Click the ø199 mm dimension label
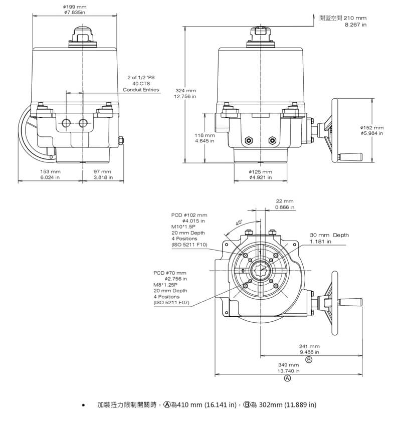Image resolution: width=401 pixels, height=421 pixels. click(x=75, y=7)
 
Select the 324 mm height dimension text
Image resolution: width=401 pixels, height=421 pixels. click(x=185, y=90)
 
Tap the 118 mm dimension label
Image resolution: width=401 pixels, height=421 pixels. click(x=205, y=135)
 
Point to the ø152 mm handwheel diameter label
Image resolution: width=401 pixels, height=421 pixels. click(x=371, y=127)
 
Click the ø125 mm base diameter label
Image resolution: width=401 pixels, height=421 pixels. click(x=260, y=172)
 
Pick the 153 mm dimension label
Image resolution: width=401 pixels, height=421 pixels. click(x=50, y=172)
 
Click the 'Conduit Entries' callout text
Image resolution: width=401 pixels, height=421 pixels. click(x=141, y=90)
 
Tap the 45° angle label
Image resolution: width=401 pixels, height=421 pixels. click(x=239, y=223)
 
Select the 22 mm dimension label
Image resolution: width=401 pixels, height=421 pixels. click(x=285, y=201)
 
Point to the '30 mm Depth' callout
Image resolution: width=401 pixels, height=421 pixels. click(x=329, y=235)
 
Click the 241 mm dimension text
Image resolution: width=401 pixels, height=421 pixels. click(x=309, y=346)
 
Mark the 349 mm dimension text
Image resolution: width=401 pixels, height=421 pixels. click(x=288, y=365)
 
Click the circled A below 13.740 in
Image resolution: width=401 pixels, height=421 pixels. click(x=288, y=378)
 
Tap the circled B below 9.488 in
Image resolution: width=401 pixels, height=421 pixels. click(x=309, y=360)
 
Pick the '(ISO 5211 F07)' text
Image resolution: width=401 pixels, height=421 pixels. click(x=171, y=303)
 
